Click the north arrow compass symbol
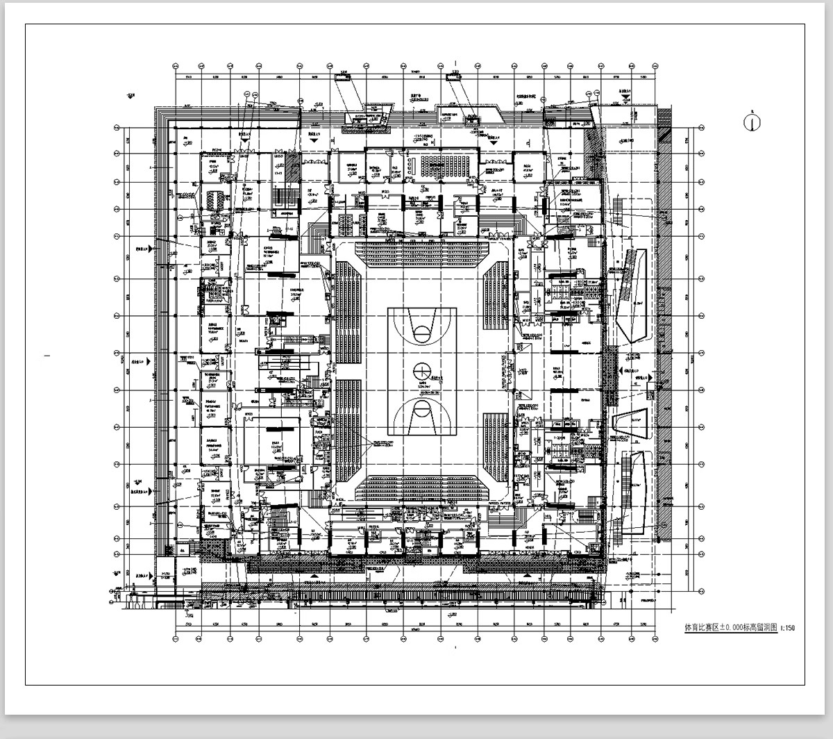coord(750,122)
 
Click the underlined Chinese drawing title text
coord(730,628)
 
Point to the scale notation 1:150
coord(787,629)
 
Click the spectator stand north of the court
coord(422,253)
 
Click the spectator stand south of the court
coord(422,487)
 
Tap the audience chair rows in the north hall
coord(441,165)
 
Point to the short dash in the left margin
coord(47,356)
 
